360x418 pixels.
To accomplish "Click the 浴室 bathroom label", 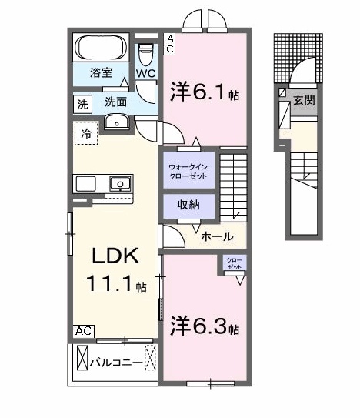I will coord(102,74).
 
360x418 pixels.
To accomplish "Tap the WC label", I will coord(146,73).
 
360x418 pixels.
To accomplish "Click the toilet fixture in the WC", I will coord(146,54).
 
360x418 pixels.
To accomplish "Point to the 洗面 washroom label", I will coord(116,102).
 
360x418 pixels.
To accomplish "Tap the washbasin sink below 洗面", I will coord(118,121).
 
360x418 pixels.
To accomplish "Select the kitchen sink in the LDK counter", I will coord(121,184).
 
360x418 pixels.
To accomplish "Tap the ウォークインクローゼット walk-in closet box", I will coord(187,170).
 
